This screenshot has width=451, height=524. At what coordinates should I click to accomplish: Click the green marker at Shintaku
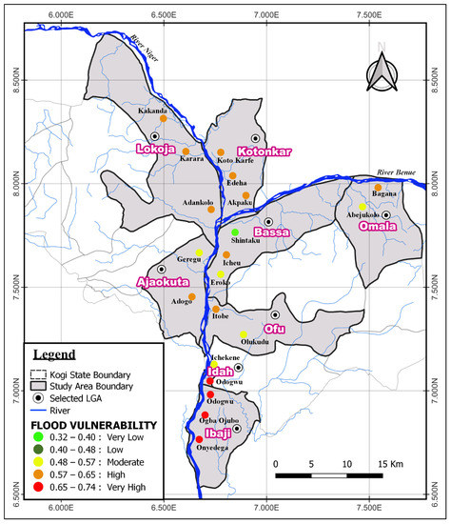pos(235,232)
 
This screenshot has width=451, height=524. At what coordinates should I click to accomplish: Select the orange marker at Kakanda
pos(164,118)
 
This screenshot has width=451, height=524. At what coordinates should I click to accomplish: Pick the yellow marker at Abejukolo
pos(363,206)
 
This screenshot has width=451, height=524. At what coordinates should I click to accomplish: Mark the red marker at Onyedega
pos(199,439)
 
